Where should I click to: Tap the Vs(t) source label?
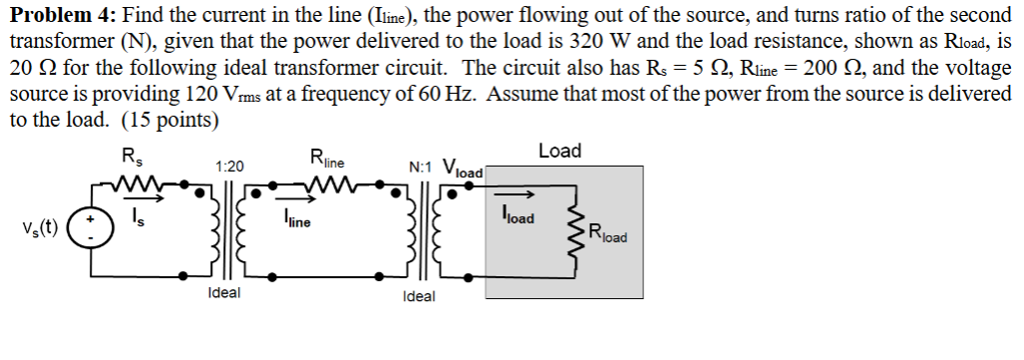38,228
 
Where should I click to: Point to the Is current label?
139,219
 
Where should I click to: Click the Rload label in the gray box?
609,236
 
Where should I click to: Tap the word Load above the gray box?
559,151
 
